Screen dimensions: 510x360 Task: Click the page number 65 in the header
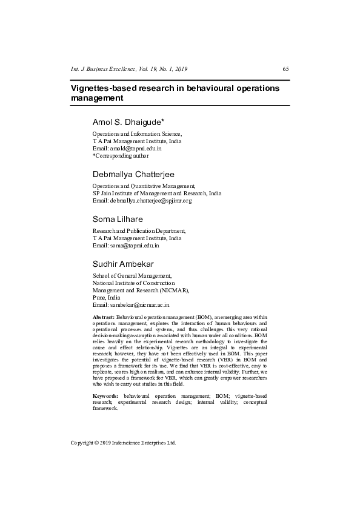[285, 69]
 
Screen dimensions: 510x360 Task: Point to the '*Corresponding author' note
[120, 155]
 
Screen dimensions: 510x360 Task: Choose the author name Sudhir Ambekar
[123, 264]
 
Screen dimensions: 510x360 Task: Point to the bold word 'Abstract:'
[103, 317]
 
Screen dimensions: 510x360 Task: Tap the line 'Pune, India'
[106, 298]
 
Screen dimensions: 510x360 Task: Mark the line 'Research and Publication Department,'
[139, 231]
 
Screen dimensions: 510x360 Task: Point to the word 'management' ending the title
[93, 98]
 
